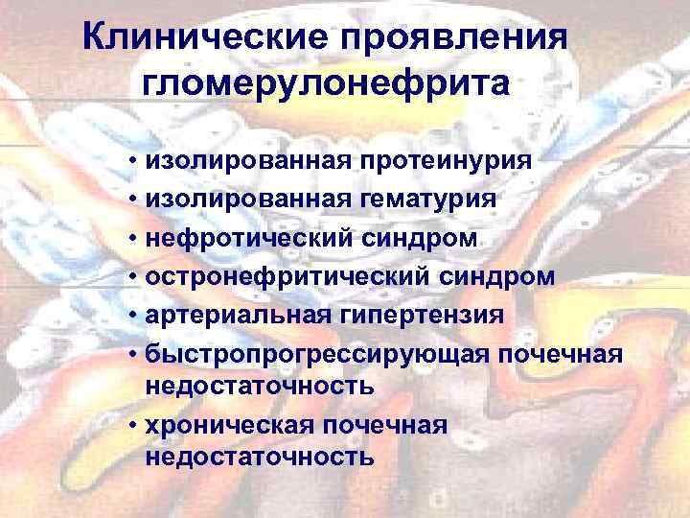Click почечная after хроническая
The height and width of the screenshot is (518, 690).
[x=393, y=424]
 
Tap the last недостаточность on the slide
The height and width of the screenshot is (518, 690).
[x=259, y=456]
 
